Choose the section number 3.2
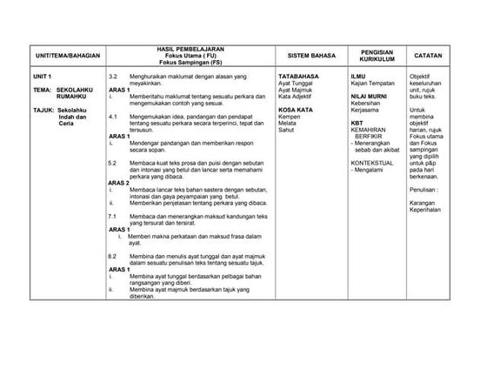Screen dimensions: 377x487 112,77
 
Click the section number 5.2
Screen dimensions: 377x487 112,164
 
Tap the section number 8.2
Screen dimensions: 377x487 112,257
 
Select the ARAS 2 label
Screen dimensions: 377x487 119,183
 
